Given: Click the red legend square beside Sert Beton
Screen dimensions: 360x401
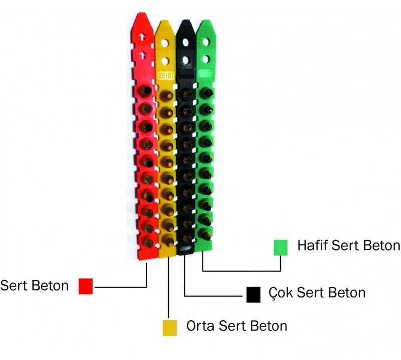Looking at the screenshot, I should [86, 286].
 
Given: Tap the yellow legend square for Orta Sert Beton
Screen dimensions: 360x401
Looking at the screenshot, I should [170, 327].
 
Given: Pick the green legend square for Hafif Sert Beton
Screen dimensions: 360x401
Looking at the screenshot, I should [280, 248].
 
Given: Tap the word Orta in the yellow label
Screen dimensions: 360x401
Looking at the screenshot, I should [201, 326].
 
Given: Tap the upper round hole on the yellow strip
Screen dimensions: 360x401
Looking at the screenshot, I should [165, 44].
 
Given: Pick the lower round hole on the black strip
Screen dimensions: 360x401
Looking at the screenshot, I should [186, 60].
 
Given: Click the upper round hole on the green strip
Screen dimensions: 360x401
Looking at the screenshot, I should [205, 43].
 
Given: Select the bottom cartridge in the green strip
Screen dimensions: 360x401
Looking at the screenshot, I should [206, 233].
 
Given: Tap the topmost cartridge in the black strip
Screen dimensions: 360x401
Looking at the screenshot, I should [186, 93].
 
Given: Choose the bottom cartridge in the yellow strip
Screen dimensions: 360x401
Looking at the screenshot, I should [169, 241].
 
